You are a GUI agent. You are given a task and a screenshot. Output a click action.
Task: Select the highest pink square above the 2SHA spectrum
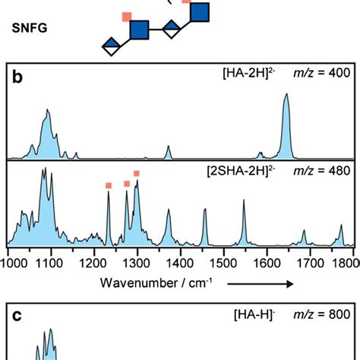(137, 174)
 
